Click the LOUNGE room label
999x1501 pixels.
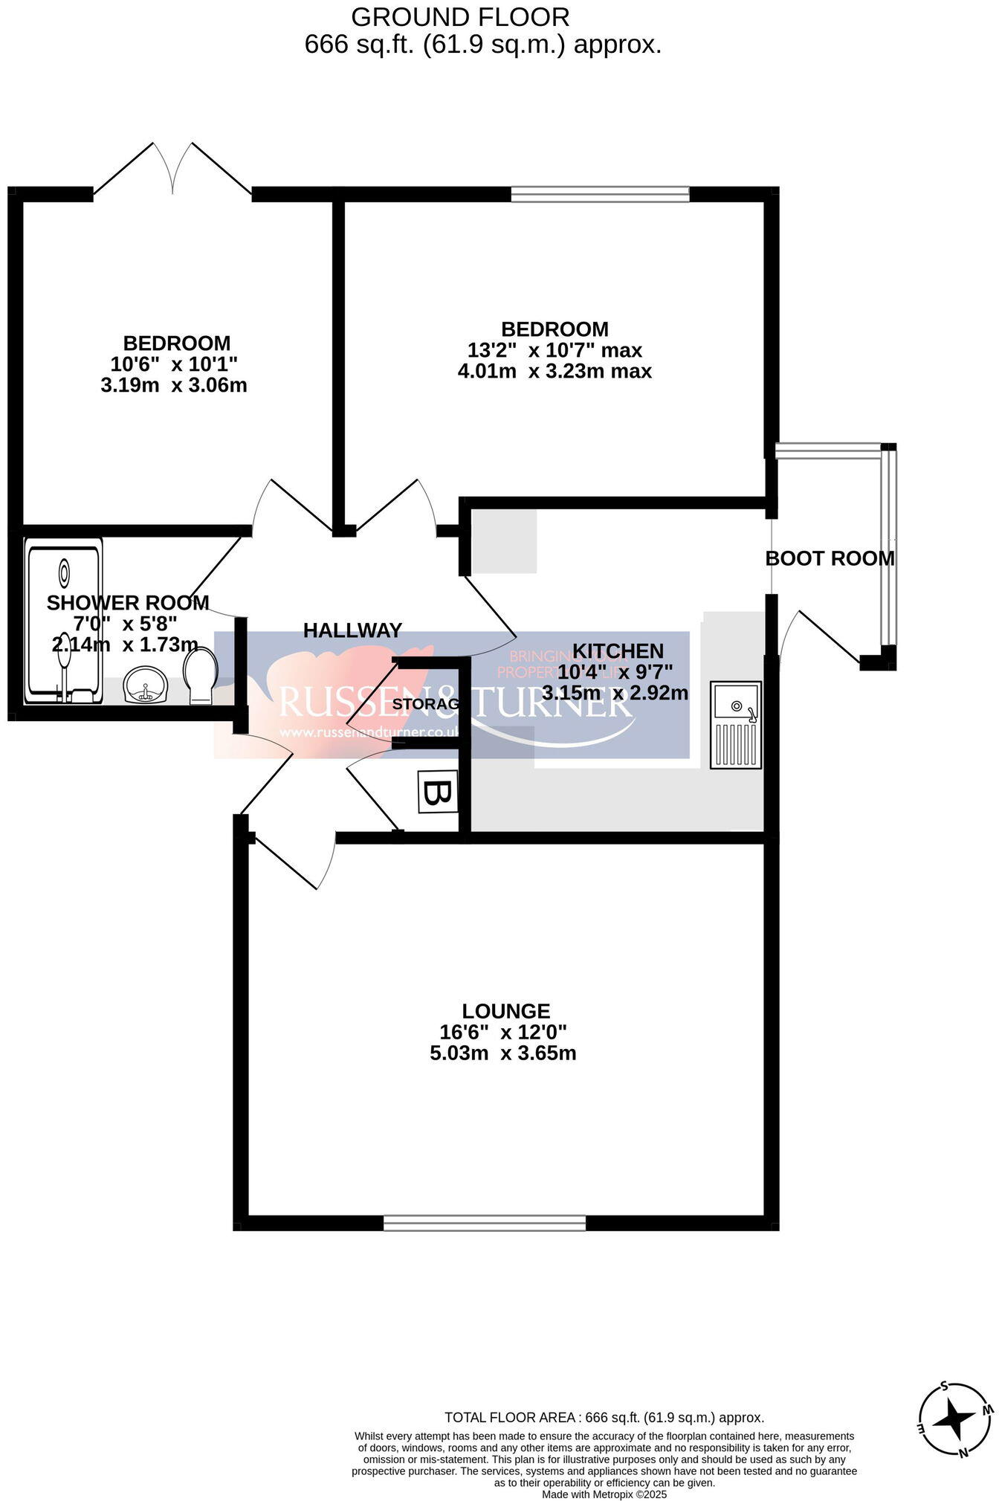pyautogui.click(x=505, y=1011)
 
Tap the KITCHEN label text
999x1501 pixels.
pyautogui.click(x=618, y=651)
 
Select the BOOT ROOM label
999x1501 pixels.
pyautogui.click(x=830, y=558)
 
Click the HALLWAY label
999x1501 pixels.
pyautogui.click(x=352, y=630)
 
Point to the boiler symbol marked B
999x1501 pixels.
pyautogui.click(x=437, y=793)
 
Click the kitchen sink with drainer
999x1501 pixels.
pyautogui.click(x=735, y=724)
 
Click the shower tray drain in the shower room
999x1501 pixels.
pyautogui.click(x=65, y=572)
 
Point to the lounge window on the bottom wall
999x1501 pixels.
pyautogui.click(x=485, y=1222)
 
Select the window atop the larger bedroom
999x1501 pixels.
pyautogui.click(x=600, y=195)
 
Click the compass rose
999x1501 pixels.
pyautogui.click(x=954, y=1420)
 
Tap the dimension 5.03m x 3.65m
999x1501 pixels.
pyautogui.click(x=503, y=1053)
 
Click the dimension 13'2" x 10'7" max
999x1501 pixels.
pyautogui.click(x=555, y=350)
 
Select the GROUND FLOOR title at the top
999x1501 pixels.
pyautogui.click(x=460, y=16)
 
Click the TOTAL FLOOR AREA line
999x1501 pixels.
pyautogui.click(x=604, y=1418)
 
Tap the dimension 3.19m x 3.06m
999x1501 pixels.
pyautogui.click(x=174, y=385)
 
